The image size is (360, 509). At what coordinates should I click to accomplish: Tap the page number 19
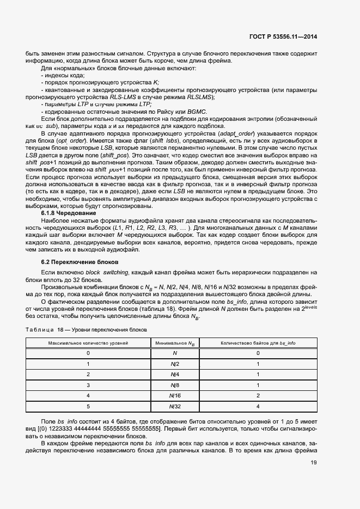coord(314,463)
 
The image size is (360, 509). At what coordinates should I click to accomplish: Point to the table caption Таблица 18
coord(86,329)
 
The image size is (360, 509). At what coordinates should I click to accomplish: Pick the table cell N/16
coord(174,395)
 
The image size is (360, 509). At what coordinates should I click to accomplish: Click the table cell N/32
coord(174,406)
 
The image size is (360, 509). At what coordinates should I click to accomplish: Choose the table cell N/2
coord(174,364)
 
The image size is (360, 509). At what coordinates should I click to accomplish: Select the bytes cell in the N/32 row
coord(258,406)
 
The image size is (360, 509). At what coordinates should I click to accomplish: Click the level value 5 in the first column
coord(88,406)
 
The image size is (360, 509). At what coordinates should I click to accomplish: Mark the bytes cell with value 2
coord(258,395)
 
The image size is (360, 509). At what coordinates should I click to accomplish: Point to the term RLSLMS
coord(200,97)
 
